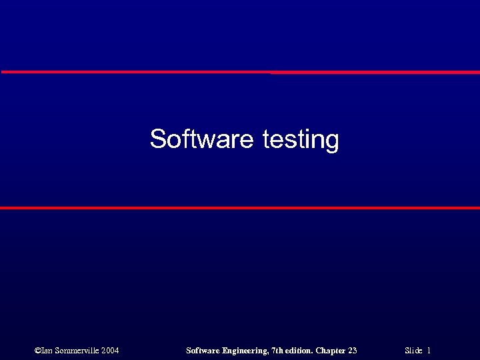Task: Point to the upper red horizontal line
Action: (240, 72)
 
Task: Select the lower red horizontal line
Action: (240, 208)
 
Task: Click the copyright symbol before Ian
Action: (37, 351)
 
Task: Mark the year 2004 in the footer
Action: (111, 351)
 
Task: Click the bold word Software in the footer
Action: (202, 351)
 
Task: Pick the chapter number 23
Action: (352, 351)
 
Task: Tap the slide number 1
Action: (429, 351)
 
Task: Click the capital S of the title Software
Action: (157, 139)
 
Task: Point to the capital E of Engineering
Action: (224, 351)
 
